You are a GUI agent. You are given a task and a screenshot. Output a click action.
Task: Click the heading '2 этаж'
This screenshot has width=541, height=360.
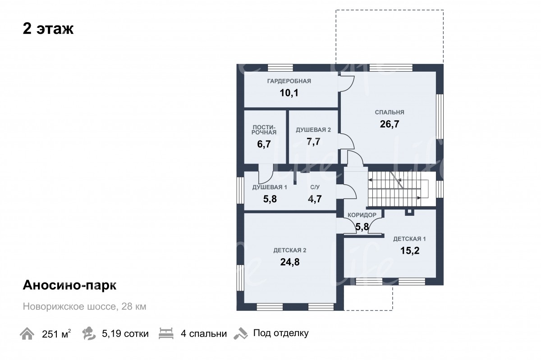(x=48, y=29)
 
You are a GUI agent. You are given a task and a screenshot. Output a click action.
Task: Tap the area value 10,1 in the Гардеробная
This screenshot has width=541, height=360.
(x=289, y=93)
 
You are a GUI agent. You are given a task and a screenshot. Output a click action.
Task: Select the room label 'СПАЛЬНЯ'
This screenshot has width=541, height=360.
(x=390, y=112)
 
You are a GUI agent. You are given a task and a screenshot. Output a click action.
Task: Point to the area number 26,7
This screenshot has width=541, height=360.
(x=390, y=124)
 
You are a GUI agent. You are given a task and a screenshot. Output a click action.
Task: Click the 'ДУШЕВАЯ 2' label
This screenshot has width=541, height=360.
(x=313, y=130)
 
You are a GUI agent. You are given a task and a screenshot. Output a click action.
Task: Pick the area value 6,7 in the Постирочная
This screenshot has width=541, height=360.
(x=264, y=144)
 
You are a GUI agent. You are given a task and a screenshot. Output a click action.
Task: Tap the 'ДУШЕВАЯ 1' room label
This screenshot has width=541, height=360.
(x=270, y=187)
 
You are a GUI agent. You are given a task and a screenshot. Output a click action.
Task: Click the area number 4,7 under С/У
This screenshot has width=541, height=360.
(x=315, y=199)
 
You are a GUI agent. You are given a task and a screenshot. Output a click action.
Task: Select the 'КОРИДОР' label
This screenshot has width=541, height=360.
(x=362, y=215)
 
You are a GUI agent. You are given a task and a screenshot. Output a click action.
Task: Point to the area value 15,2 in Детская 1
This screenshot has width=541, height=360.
(x=410, y=251)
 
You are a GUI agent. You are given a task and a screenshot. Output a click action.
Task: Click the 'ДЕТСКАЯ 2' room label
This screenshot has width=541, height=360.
(x=290, y=251)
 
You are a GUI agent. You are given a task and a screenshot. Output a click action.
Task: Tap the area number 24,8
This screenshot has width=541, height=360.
(x=290, y=262)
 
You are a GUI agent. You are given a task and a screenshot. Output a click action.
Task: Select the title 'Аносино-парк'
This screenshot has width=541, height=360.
(x=69, y=285)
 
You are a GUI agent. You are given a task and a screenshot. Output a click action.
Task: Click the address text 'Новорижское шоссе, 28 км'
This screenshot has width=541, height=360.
(x=85, y=306)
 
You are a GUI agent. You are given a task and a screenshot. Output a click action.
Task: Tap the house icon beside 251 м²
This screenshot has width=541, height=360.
(x=27, y=333)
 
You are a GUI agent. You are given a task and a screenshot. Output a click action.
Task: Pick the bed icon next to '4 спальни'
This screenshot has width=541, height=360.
(x=166, y=333)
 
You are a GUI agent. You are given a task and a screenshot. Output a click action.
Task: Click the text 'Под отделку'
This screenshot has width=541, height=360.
(x=281, y=333)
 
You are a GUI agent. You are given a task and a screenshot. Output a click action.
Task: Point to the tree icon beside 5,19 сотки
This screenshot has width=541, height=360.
(x=89, y=333)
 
